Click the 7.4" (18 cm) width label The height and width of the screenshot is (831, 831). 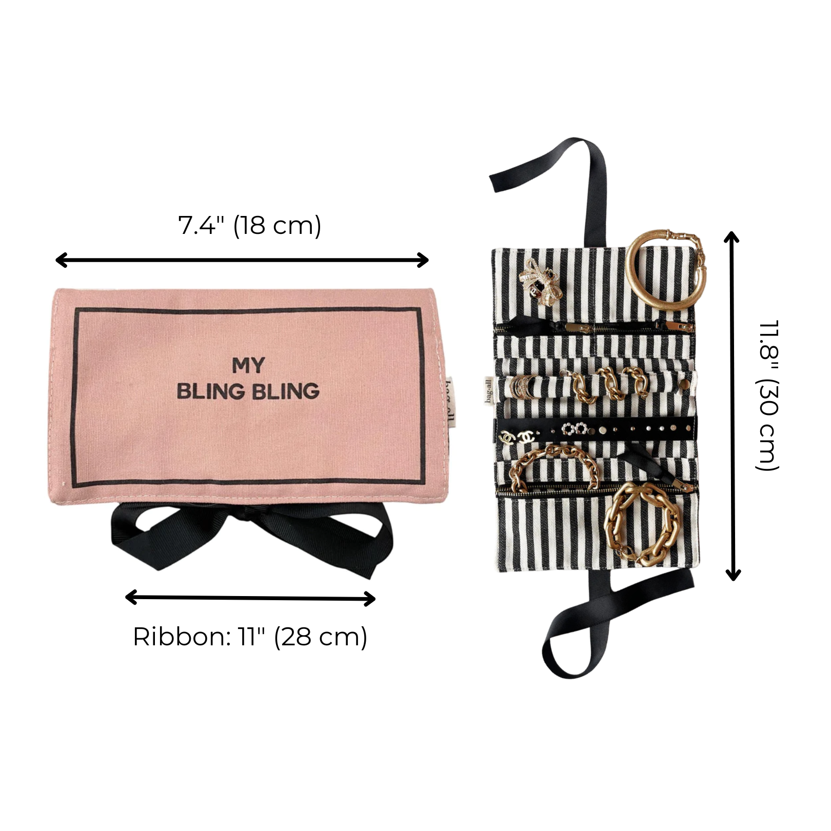coord(249,226)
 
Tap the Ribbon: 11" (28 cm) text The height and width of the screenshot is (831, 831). coord(250,637)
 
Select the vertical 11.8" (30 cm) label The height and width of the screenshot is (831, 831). coord(768,395)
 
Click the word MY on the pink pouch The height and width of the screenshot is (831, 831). coord(248,366)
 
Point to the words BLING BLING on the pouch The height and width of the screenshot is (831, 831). coord(248,391)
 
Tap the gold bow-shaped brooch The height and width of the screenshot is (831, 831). coord(541,285)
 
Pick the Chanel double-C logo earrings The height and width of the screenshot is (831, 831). coord(517,437)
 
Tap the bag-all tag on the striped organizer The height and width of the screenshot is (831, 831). coord(489,390)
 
